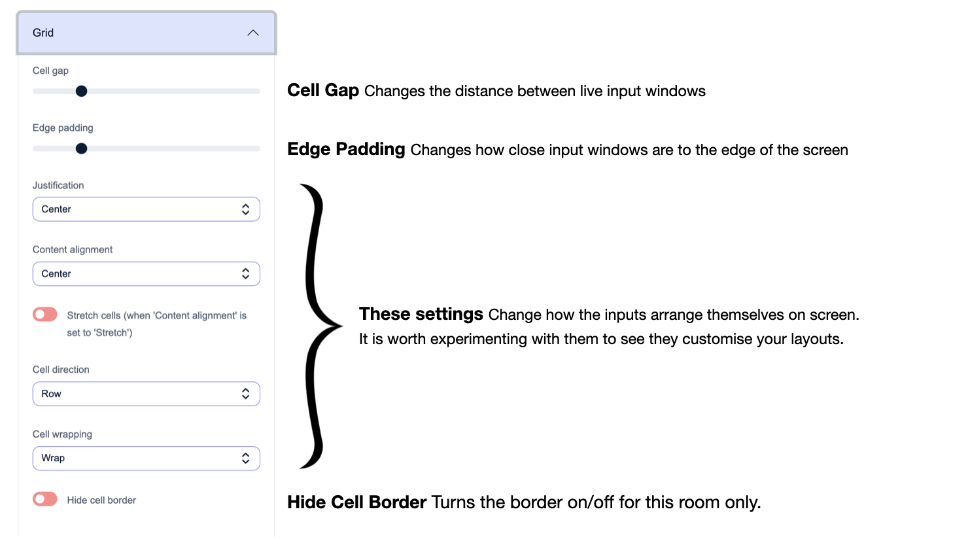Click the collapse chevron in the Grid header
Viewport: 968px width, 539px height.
pyautogui.click(x=253, y=33)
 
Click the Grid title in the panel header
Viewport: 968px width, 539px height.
pyautogui.click(x=43, y=33)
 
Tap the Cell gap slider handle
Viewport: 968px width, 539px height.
pyautogui.click(x=81, y=91)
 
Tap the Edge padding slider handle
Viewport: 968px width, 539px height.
pyautogui.click(x=81, y=148)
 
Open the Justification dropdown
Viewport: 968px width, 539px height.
pyautogui.click(x=146, y=209)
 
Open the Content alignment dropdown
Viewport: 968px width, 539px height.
pyautogui.click(x=146, y=273)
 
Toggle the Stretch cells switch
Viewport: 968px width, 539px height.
pyautogui.click(x=45, y=315)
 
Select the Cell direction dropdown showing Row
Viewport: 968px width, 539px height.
pyautogui.click(x=146, y=394)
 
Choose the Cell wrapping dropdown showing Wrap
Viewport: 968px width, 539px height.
pyautogui.click(x=146, y=458)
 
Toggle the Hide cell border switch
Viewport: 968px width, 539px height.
pyautogui.click(x=45, y=499)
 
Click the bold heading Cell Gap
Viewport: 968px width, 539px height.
pyautogui.click(x=323, y=90)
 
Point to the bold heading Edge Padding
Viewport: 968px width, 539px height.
pyautogui.click(x=346, y=149)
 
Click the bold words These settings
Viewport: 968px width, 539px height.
pyautogui.click(x=421, y=314)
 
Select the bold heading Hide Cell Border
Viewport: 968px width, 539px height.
pyautogui.click(x=356, y=502)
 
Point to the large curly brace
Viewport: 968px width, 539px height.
pyautogui.click(x=319, y=326)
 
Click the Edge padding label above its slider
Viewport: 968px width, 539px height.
pyautogui.click(x=63, y=128)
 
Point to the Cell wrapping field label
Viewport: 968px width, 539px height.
pyautogui.click(x=62, y=434)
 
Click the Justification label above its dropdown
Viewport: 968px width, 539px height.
pyautogui.click(x=58, y=185)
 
